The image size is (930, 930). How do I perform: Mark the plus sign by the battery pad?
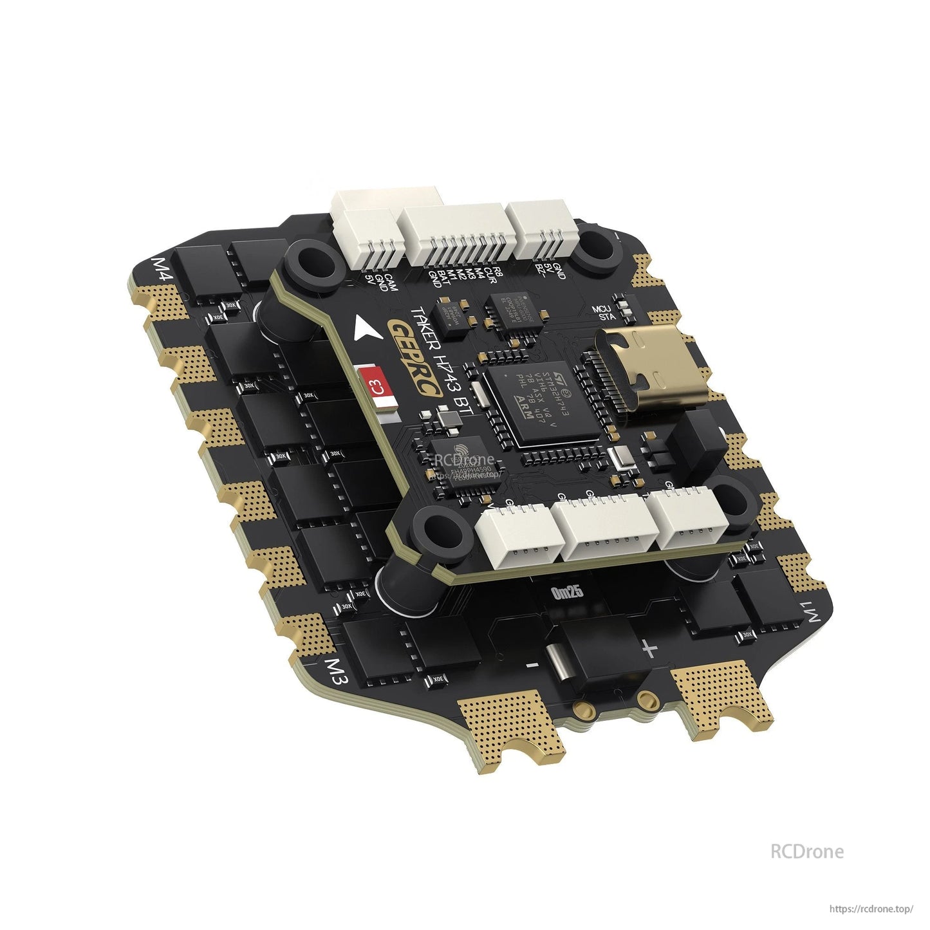pos(649,649)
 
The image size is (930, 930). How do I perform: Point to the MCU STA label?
pos(604,313)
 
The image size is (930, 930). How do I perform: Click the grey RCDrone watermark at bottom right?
pos(806,851)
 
